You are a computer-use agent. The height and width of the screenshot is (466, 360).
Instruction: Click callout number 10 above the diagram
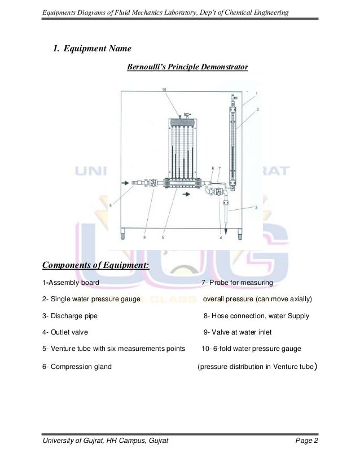point(164,90)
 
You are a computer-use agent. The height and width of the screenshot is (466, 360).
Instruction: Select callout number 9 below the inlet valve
point(145,238)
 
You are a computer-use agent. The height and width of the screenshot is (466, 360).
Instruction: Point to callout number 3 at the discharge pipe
point(256,208)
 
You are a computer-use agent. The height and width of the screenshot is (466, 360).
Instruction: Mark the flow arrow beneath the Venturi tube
point(186,194)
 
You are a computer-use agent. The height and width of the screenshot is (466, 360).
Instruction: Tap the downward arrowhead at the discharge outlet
point(224,229)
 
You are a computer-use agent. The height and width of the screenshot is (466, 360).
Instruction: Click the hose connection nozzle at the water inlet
point(138,183)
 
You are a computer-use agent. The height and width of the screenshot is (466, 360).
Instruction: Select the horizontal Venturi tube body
point(183,183)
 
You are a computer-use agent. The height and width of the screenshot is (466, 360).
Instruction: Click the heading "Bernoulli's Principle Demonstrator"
point(187,68)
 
